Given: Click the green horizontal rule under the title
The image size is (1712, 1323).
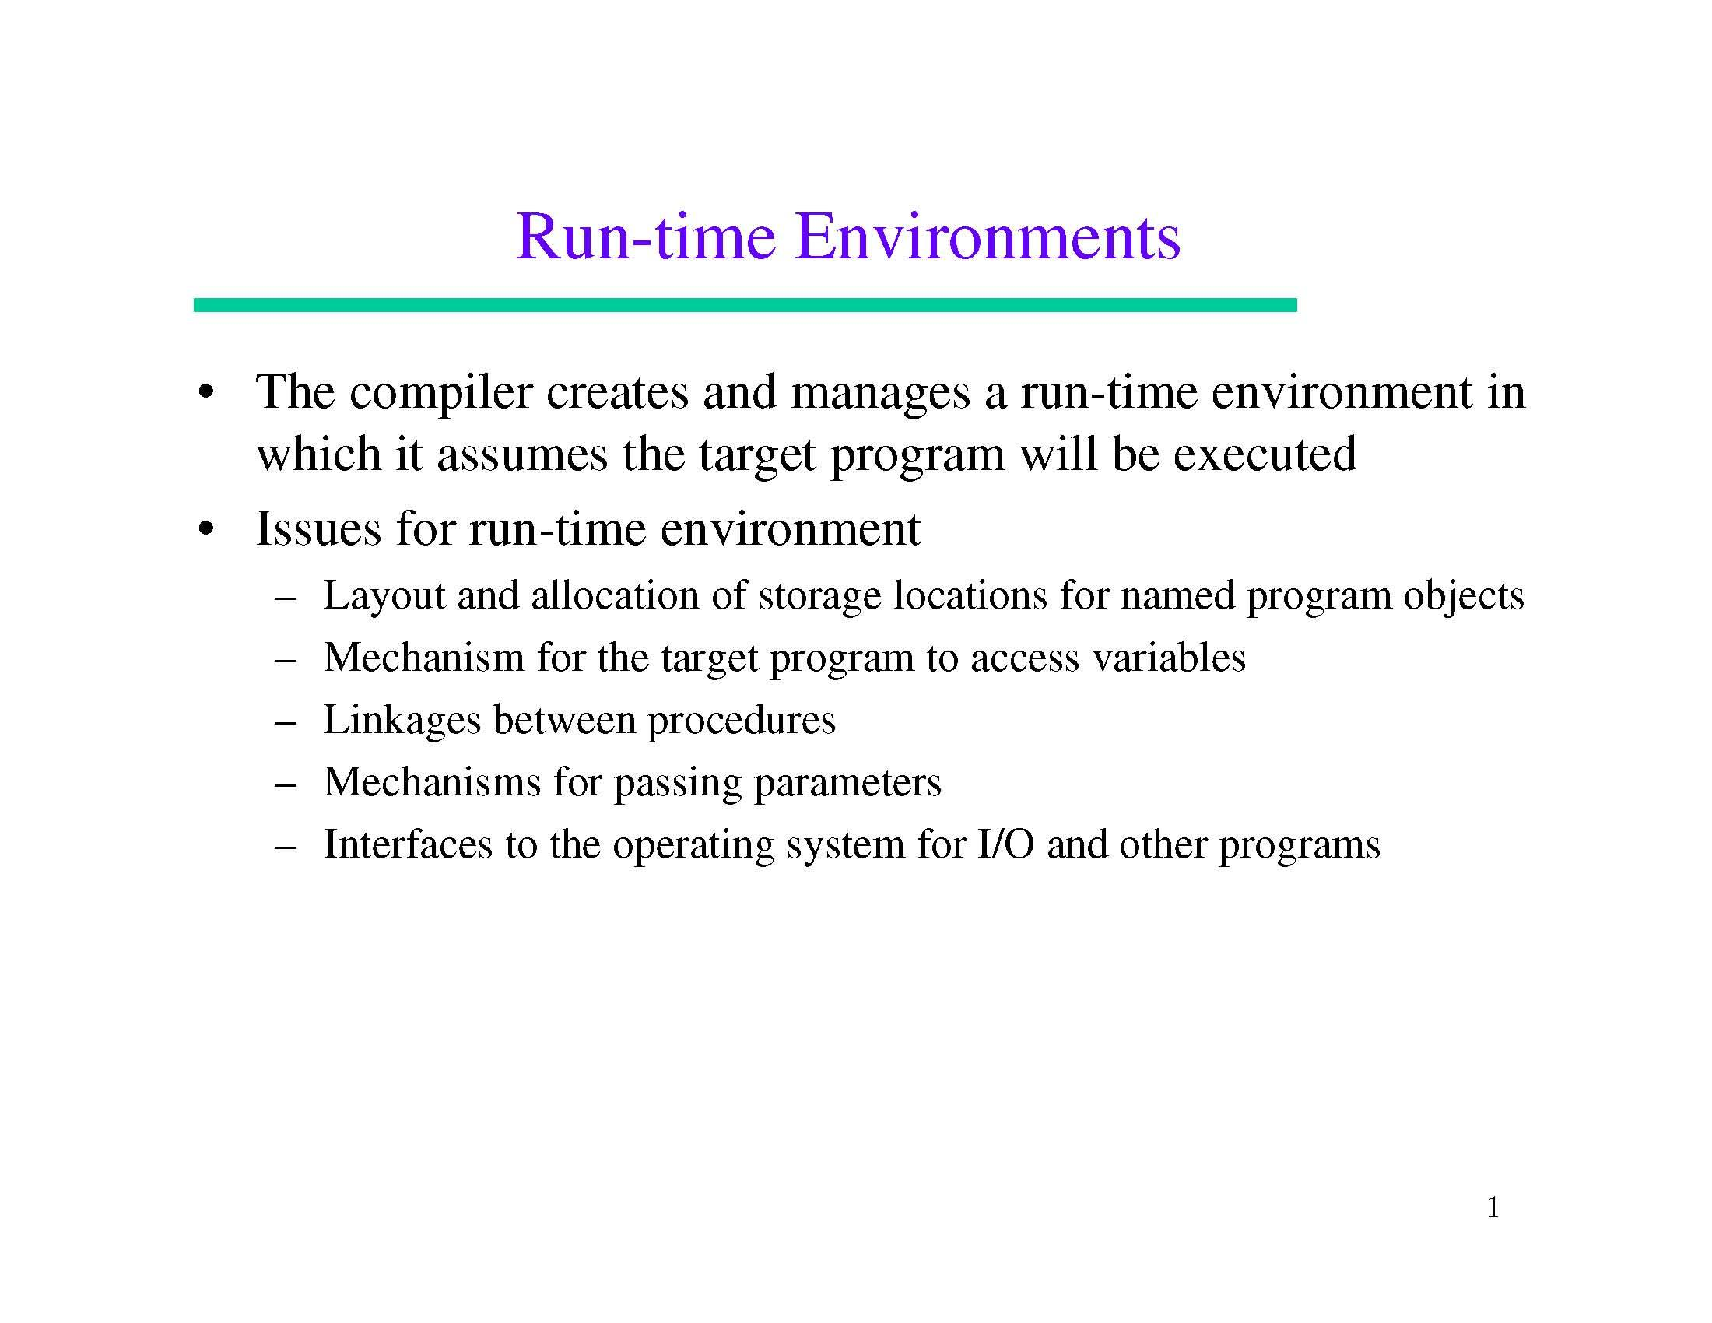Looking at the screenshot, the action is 745,305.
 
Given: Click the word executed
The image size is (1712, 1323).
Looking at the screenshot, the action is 1265,454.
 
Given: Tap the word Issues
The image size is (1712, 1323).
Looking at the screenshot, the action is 318,528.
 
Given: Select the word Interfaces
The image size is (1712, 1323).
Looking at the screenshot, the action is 409,844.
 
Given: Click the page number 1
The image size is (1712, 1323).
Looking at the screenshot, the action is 1493,1209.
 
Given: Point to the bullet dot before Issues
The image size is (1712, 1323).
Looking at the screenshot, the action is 206,530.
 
